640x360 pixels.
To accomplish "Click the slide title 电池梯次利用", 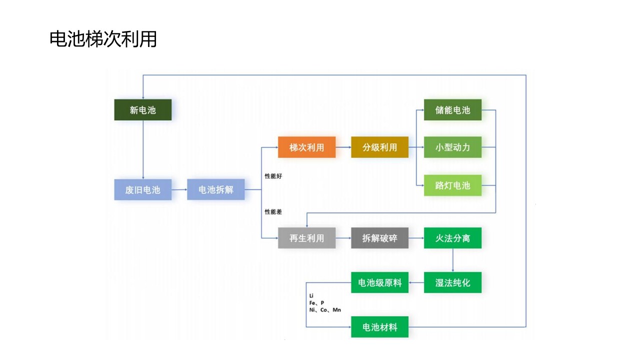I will click(x=103, y=39).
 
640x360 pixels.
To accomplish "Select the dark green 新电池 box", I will click(x=143, y=110).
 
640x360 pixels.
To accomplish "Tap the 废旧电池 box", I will click(x=143, y=190).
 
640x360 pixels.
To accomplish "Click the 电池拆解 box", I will click(x=216, y=190).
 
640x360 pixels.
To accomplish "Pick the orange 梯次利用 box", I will click(x=307, y=147).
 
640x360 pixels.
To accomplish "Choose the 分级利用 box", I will click(x=380, y=147).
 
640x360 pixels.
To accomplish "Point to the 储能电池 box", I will click(x=453, y=110).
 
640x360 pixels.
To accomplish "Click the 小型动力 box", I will click(x=453, y=147).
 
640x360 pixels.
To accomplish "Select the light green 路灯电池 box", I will click(x=453, y=185).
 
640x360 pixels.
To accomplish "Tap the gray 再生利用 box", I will click(x=307, y=238).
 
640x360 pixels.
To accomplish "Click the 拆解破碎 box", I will click(x=380, y=238).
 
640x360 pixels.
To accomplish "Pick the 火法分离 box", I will click(x=453, y=238).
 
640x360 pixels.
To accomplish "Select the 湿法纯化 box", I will click(x=453, y=282).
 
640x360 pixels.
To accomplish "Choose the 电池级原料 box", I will click(x=380, y=282).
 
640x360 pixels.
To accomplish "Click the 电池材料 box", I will click(x=380, y=327).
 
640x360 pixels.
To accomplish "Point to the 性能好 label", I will click(x=273, y=176).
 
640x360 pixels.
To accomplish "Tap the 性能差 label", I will click(x=273, y=212).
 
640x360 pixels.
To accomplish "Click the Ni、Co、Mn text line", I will click(x=325, y=310).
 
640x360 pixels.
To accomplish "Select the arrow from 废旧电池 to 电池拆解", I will click(x=179, y=190).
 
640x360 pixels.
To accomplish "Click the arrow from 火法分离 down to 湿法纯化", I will click(x=453, y=260).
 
